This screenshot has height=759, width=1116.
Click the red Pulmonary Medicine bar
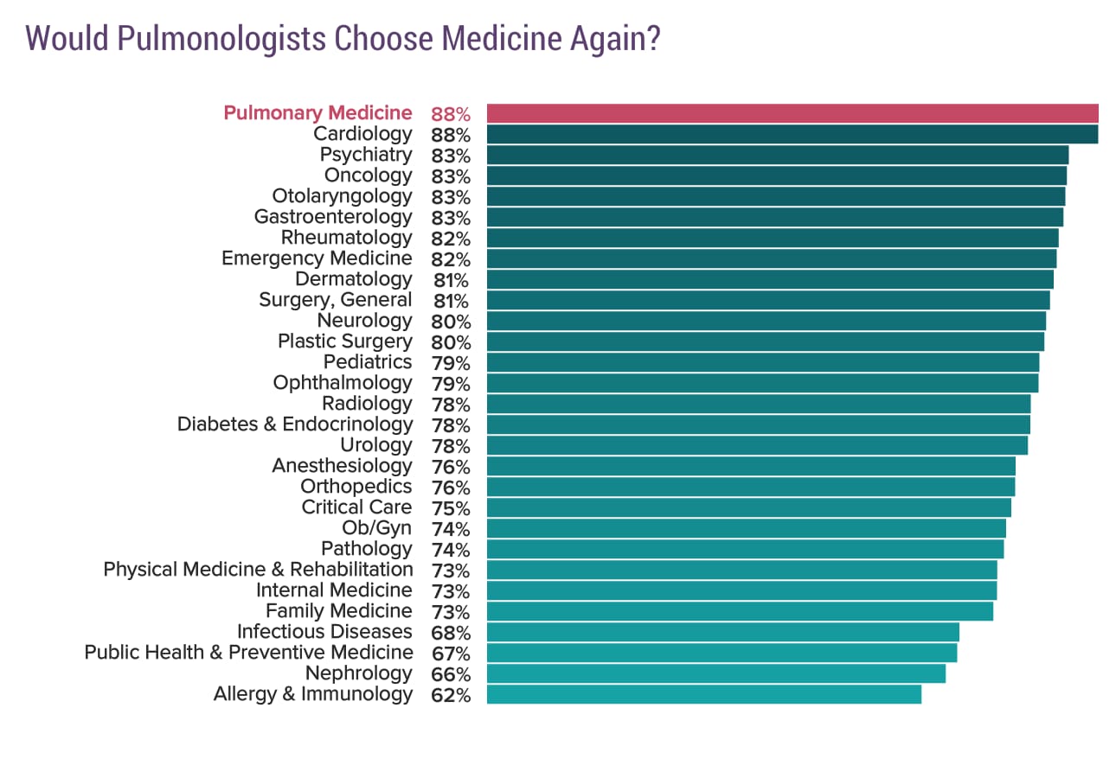(792, 113)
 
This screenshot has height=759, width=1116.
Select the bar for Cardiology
(792, 134)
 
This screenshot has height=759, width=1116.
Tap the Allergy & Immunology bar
(703, 694)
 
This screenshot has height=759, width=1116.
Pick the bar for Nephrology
(715, 673)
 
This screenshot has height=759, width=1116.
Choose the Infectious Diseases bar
(722, 632)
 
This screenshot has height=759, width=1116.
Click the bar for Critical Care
(748, 507)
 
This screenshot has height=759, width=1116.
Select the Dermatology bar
(770, 279)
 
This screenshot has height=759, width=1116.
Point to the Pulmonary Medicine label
(317, 113)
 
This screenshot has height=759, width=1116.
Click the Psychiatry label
(366, 155)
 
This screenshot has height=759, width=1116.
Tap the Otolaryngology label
(342, 196)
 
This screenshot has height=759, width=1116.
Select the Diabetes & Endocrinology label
(295, 424)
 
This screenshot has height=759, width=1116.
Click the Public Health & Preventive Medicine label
(248, 653)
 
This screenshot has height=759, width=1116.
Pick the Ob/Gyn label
(377, 528)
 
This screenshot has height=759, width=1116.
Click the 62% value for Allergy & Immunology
(450, 695)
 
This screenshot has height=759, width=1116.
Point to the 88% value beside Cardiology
(450, 135)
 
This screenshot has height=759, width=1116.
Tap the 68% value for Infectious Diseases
(450, 633)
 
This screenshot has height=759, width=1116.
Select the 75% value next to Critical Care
(450, 508)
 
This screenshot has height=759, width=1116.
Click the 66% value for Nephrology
(450, 674)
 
